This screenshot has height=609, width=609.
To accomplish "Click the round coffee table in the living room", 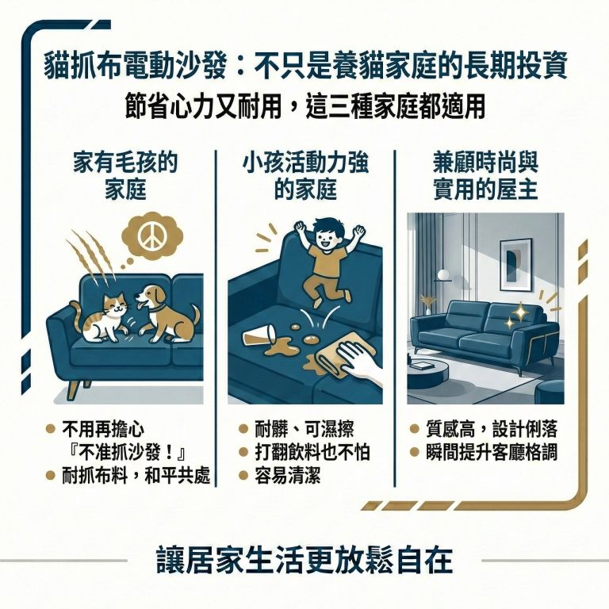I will click(x=432, y=366).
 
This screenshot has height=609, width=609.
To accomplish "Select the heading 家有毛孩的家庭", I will click(x=125, y=176).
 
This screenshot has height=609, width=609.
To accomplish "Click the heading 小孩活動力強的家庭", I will click(x=305, y=176).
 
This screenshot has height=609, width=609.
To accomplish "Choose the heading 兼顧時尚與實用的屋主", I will click(x=486, y=176).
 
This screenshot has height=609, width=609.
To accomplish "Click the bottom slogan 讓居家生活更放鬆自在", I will click(x=304, y=560).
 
